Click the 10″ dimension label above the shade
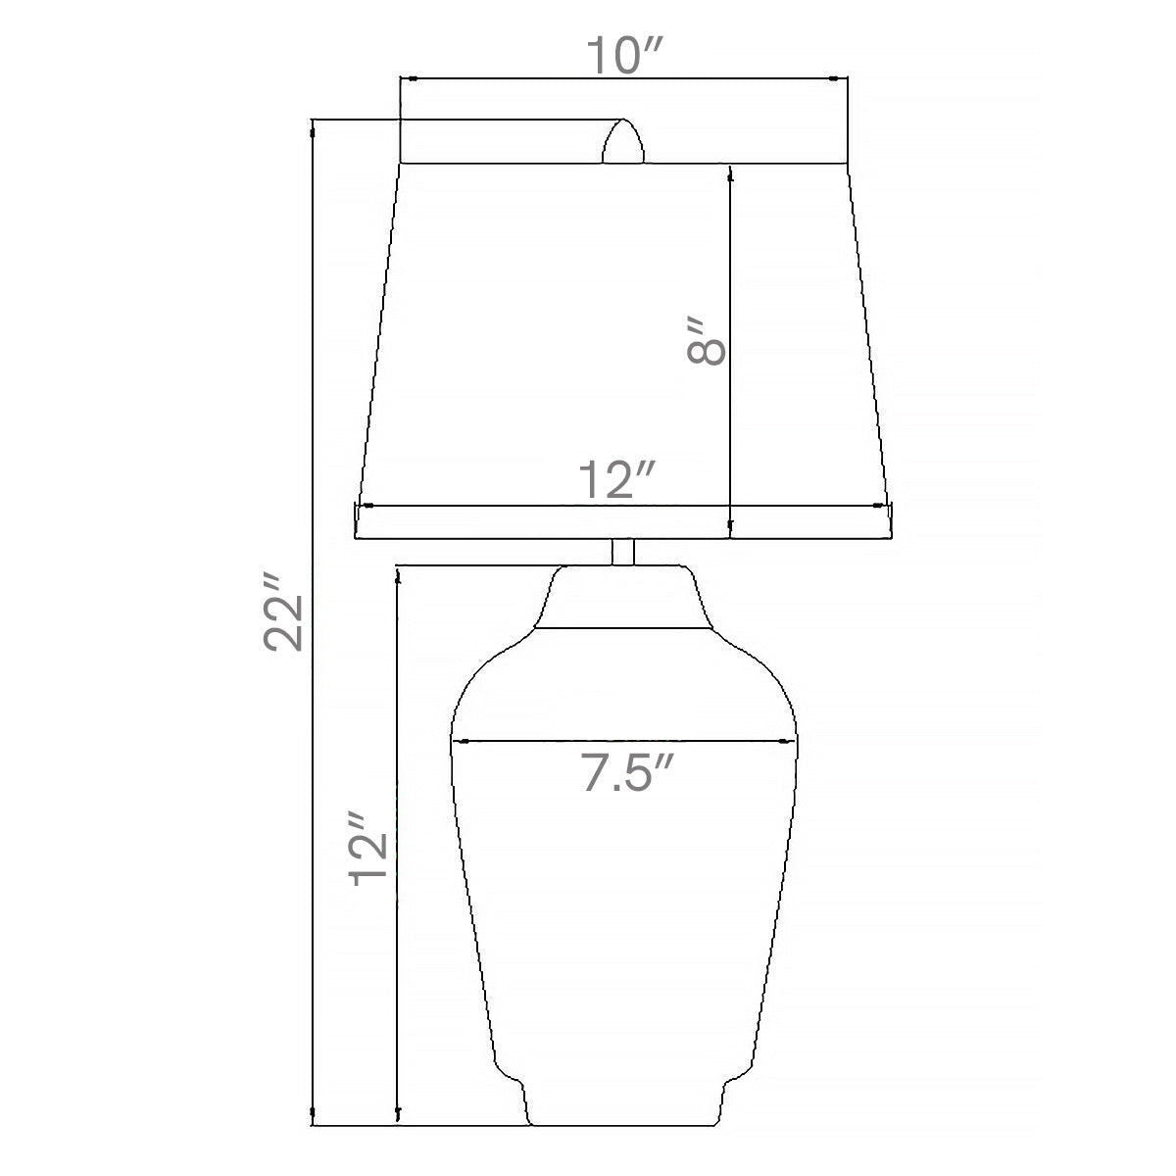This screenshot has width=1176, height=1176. [x=624, y=56]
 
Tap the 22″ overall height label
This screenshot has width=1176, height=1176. [x=283, y=612]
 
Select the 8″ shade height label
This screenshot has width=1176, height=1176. [x=707, y=341]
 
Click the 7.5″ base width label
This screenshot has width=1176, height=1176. [x=627, y=772]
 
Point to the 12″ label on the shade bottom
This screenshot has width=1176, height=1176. [x=616, y=479]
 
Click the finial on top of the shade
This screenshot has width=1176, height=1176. [x=623, y=141]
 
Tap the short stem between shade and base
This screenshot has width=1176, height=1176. [x=623, y=552]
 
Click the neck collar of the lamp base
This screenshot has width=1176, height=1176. [x=623, y=597]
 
